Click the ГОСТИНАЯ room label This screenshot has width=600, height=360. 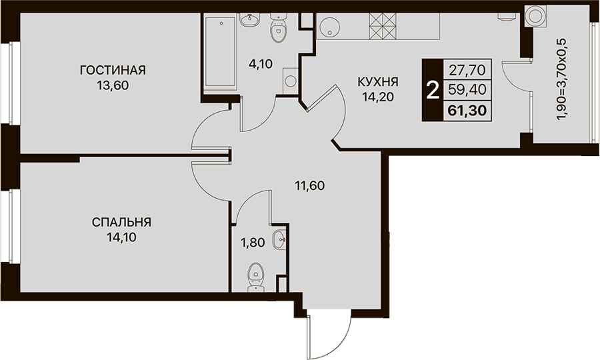pos(113,71)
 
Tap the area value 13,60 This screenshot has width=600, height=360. pos(113,85)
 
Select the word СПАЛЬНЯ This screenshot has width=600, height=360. pos(122,222)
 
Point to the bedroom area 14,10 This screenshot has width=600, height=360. pos(122,237)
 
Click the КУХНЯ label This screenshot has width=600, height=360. pos(378,82)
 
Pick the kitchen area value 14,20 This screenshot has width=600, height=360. pos(378,97)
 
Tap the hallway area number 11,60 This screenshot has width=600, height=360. pos(309,186)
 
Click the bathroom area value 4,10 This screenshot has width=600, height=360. pos(261,63)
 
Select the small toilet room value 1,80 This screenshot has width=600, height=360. pos(252,242)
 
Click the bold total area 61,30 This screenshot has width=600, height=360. pos(467,111)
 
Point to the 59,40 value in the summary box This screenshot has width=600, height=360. pos(467,90)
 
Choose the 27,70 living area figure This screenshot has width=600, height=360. pos(467,70)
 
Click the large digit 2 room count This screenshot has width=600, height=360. pos(433,91)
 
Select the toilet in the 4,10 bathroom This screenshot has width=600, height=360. pos(278,27)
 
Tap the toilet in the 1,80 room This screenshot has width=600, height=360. pos(255,277)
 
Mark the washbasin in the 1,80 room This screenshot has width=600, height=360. pos(279,240)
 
